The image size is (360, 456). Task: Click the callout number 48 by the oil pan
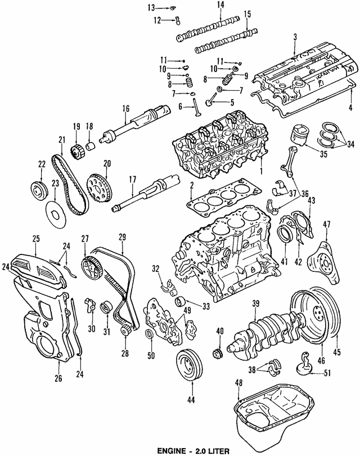point(238,383)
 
